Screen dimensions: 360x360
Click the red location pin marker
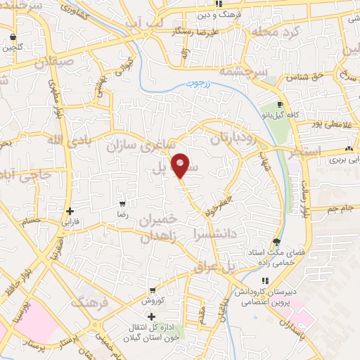pos(180,165)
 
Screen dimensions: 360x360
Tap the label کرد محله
pos(278,32)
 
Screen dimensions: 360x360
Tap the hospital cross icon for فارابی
pos(69,211)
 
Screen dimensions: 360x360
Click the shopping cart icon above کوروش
pos(154,289)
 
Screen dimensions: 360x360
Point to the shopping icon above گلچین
pos(12,37)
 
